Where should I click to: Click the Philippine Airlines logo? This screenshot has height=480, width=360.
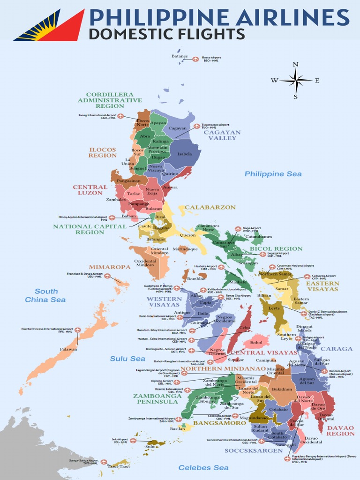(x=49, y=25)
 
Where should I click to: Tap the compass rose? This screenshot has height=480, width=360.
(x=296, y=81)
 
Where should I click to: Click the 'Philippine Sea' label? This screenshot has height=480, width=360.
(x=273, y=174)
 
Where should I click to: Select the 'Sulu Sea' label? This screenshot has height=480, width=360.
(x=127, y=359)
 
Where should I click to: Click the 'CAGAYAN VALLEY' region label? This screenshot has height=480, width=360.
(x=222, y=135)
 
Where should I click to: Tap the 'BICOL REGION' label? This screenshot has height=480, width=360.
(x=276, y=248)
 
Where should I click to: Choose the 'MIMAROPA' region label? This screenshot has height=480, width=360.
(x=110, y=267)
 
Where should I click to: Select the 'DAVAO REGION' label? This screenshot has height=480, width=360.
(x=341, y=430)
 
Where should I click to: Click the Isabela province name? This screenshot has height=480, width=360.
(x=185, y=154)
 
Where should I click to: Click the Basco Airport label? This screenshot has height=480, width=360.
(x=211, y=59)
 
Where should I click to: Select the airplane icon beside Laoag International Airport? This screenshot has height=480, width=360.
(x=120, y=116)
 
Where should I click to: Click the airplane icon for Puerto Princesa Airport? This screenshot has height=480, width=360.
(x=77, y=330)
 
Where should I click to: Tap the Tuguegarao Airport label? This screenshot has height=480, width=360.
(x=215, y=126)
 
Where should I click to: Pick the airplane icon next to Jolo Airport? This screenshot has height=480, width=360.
(x=133, y=441)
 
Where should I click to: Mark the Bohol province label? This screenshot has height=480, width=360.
(x=256, y=343)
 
